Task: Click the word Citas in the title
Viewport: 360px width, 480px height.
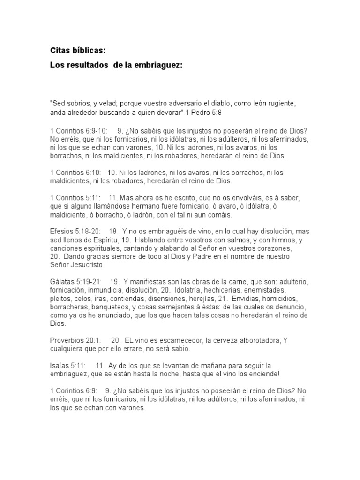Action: tap(60, 50)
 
